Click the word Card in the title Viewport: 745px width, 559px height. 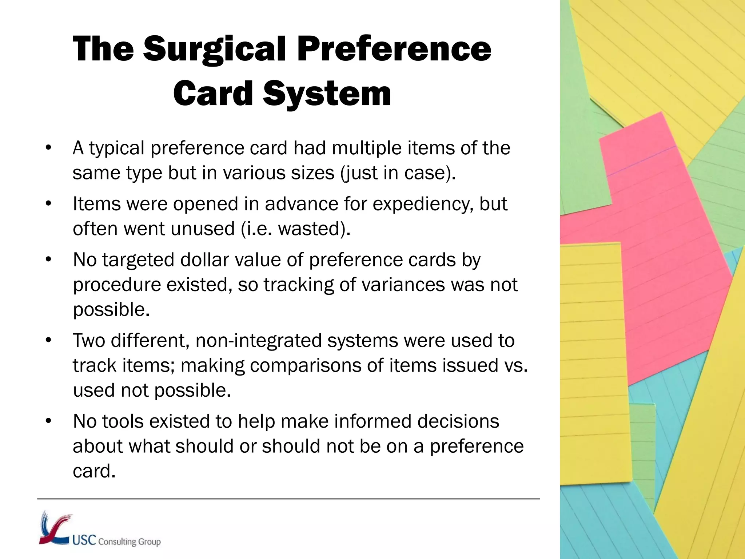213,94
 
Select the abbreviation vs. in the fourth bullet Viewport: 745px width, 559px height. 516,365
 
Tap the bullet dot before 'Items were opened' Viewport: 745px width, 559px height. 49,204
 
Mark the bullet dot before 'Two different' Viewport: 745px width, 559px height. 49,341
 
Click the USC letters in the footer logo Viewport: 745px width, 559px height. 84,540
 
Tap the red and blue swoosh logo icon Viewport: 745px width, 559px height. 55,528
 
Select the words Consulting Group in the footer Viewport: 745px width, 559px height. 130,542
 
